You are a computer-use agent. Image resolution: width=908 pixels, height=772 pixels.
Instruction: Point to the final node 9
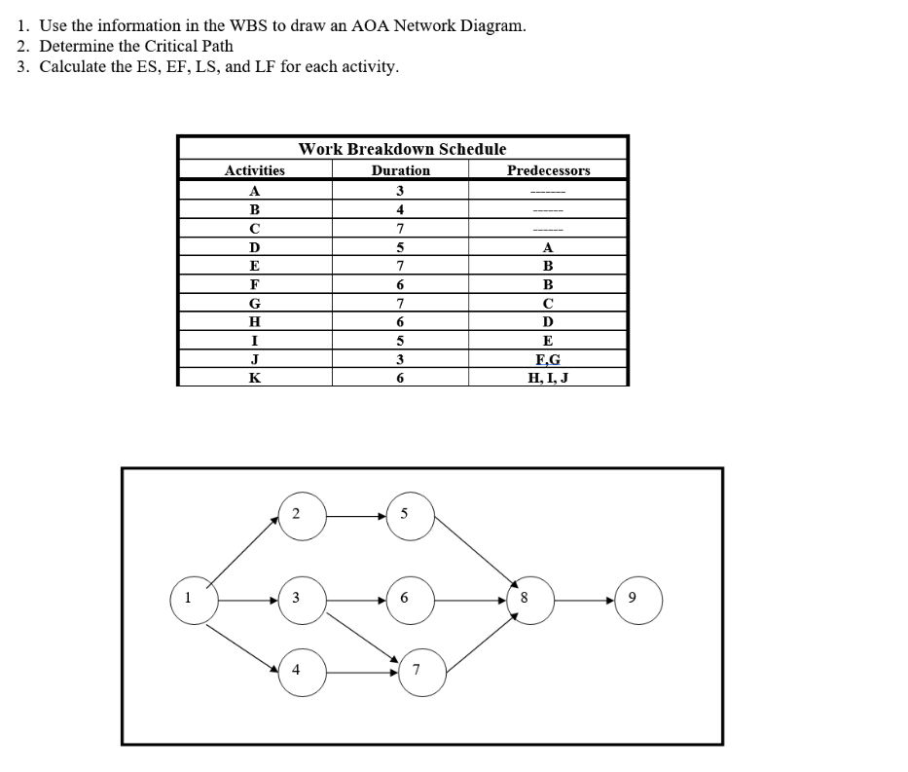[x=639, y=597]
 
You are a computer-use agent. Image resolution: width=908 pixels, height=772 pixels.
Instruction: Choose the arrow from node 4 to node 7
[x=362, y=671]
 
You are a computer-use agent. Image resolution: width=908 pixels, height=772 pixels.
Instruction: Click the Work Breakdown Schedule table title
[x=402, y=149]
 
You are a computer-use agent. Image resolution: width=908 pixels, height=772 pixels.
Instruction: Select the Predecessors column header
[x=548, y=170]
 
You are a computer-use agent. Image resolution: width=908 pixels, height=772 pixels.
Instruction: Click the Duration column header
[x=400, y=170]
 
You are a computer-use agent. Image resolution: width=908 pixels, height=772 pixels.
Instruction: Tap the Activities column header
[x=255, y=170]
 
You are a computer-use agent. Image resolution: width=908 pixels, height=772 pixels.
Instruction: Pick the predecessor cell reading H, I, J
[x=547, y=378]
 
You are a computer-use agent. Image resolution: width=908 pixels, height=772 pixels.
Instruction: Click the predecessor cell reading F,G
[x=547, y=359]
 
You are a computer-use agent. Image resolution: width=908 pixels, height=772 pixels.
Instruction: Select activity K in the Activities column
[x=255, y=378]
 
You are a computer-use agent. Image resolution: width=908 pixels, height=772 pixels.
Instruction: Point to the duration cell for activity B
[x=400, y=209]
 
